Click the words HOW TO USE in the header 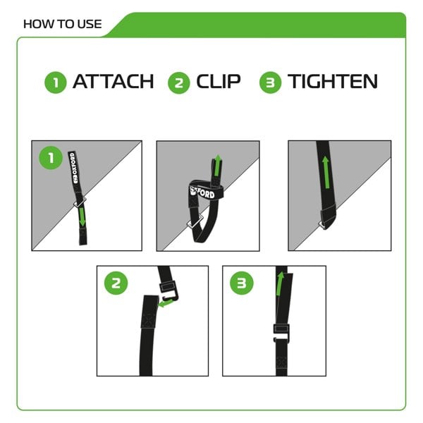63,23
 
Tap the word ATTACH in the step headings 113,82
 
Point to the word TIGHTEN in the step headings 332,82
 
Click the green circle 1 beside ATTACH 56,82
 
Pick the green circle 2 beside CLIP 179,82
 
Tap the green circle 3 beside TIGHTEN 271,82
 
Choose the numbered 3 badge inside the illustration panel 241,283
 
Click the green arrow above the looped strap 216,166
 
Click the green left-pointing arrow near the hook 167,303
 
